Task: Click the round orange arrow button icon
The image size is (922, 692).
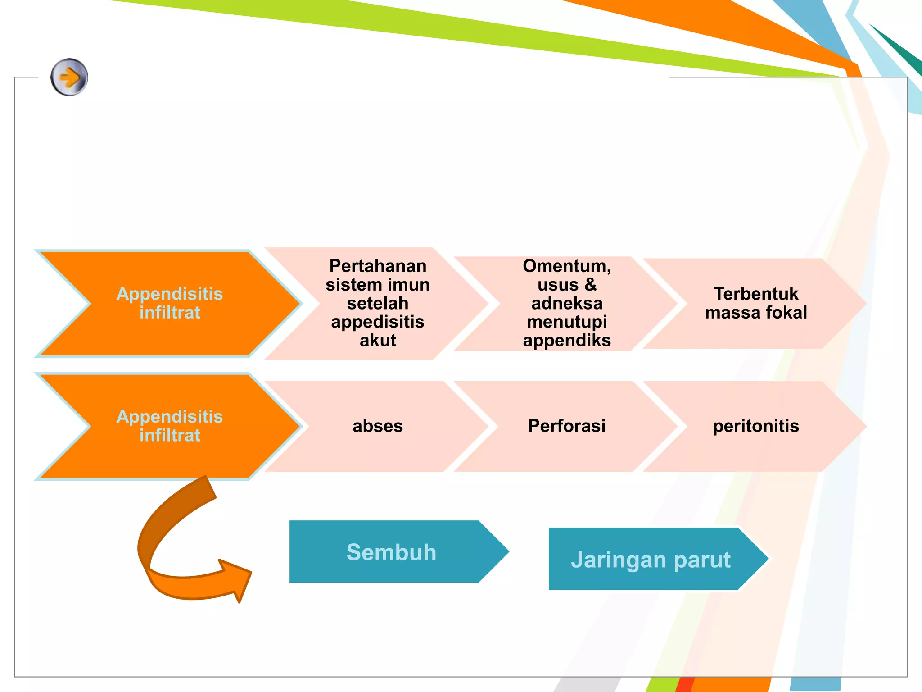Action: point(69,77)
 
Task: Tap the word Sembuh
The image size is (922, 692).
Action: point(391,552)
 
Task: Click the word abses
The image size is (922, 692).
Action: point(378,426)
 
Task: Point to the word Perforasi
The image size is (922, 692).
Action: point(567,426)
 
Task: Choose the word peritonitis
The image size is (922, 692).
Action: point(756,426)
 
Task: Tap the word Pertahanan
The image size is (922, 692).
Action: point(378,266)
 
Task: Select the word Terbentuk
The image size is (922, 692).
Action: point(756,294)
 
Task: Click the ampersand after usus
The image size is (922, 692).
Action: point(590,285)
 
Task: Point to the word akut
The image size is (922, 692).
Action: point(378,341)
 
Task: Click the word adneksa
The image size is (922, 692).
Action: point(567,304)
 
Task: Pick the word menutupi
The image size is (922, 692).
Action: point(567,322)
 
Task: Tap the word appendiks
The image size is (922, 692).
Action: point(567,341)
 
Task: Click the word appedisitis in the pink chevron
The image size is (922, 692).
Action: point(378,322)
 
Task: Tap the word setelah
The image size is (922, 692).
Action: point(378,304)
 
